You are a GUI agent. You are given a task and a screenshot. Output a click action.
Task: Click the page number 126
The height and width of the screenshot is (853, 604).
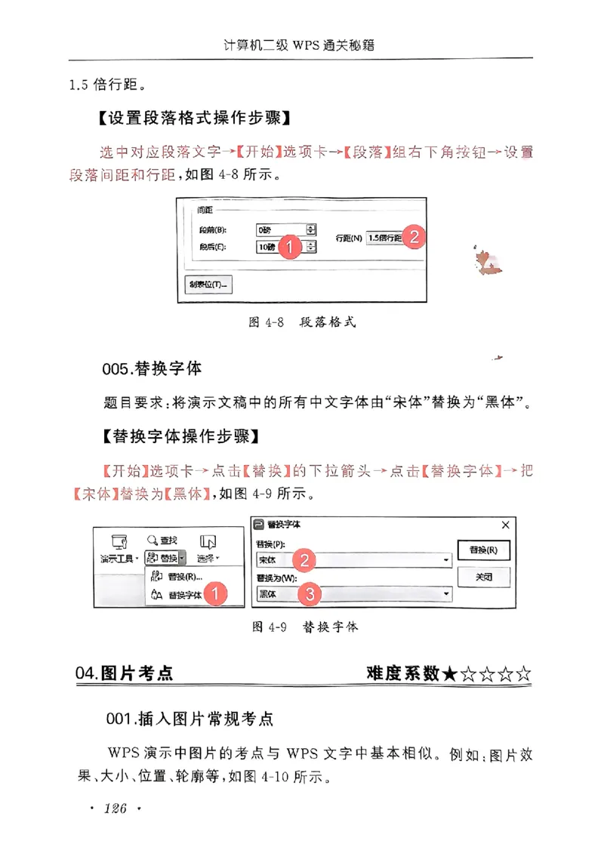(x=115, y=810)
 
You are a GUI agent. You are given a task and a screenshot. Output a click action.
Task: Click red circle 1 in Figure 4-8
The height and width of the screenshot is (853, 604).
(x=290, y=247)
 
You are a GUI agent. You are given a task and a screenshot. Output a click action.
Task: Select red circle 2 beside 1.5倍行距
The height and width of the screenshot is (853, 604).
(x=413, y=236)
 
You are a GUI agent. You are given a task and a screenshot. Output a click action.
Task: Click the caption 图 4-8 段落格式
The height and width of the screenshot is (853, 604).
(x=302, y=322)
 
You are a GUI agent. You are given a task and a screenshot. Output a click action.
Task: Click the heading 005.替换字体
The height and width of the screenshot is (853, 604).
(x=152, y=368)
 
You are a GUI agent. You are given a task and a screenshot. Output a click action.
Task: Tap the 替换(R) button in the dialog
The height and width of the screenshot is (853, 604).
(x=483, y=550)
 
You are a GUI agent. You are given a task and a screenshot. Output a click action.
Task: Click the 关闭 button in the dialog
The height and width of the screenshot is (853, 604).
(x=483, y=577)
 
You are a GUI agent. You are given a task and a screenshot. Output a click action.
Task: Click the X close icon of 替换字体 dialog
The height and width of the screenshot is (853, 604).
(x=506, y=525)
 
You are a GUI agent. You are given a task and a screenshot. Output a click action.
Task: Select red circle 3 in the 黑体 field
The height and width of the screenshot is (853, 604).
(x=309, y=594)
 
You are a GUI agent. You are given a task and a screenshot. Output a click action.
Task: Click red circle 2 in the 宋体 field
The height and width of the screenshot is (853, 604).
(x=304, y=559)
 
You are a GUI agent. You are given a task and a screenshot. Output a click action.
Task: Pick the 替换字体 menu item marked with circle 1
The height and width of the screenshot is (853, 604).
(x=185, y=595)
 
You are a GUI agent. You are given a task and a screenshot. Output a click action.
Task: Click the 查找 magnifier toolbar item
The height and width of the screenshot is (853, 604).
(x=162, y=541)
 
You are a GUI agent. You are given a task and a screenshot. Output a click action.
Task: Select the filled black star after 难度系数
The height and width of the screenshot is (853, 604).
(x=450, y=673)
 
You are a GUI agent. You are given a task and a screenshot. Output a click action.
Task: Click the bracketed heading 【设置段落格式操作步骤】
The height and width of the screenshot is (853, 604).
(x=195, y=119)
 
